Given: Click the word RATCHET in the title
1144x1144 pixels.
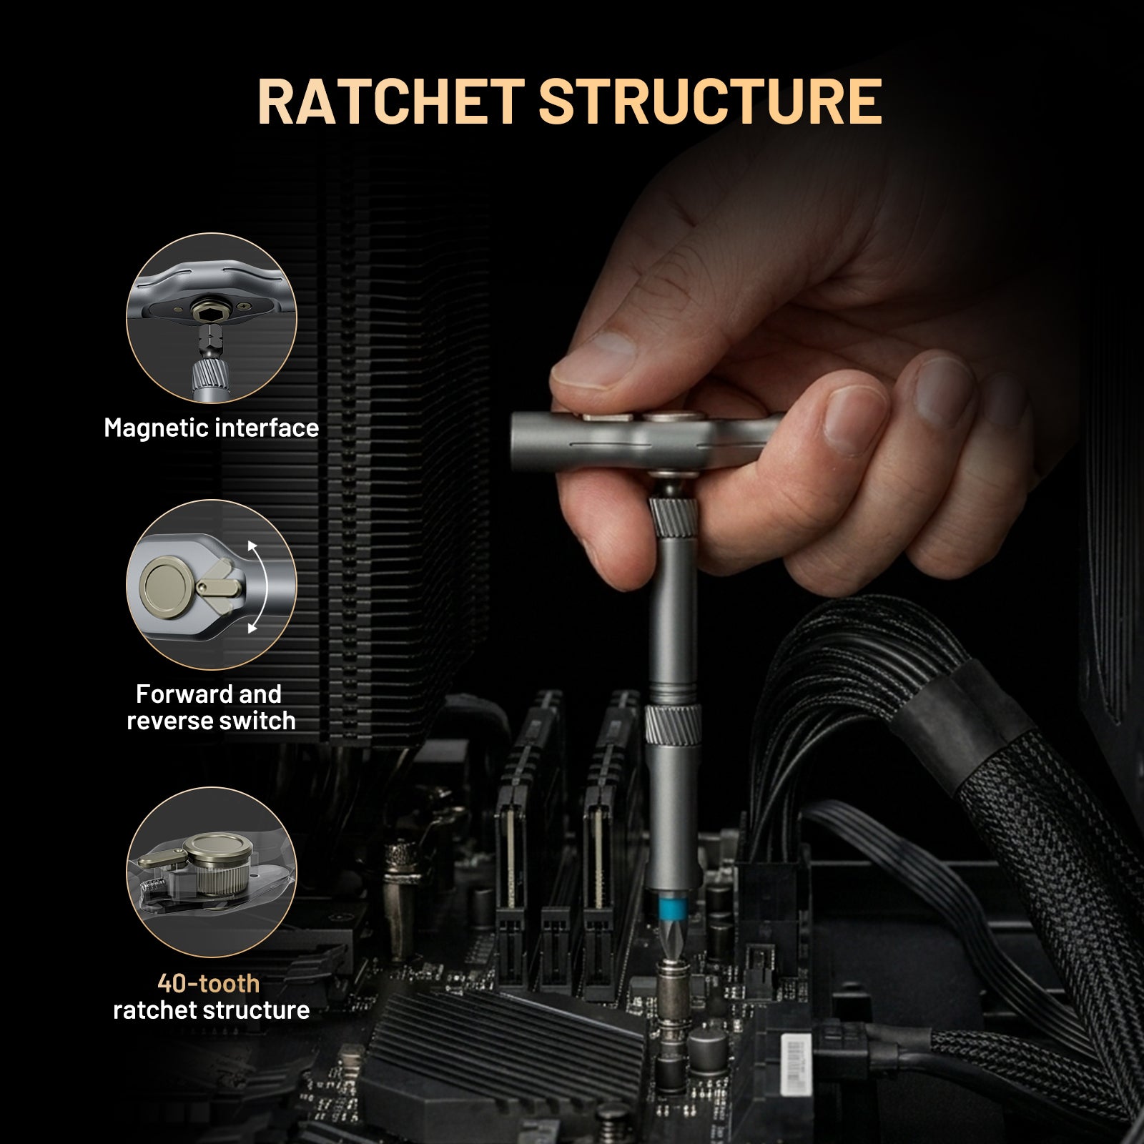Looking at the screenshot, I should point(390,102).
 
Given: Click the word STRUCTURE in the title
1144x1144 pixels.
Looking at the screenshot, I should point(710,102).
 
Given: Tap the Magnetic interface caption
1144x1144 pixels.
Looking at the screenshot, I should point(211,428).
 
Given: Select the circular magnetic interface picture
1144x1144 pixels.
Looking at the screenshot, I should point(211,317).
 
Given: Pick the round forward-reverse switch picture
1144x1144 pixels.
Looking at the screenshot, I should point(211,585).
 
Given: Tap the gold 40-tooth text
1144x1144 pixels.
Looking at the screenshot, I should point(208,984).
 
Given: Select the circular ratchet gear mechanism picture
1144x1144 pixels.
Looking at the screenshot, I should point(211,872).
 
